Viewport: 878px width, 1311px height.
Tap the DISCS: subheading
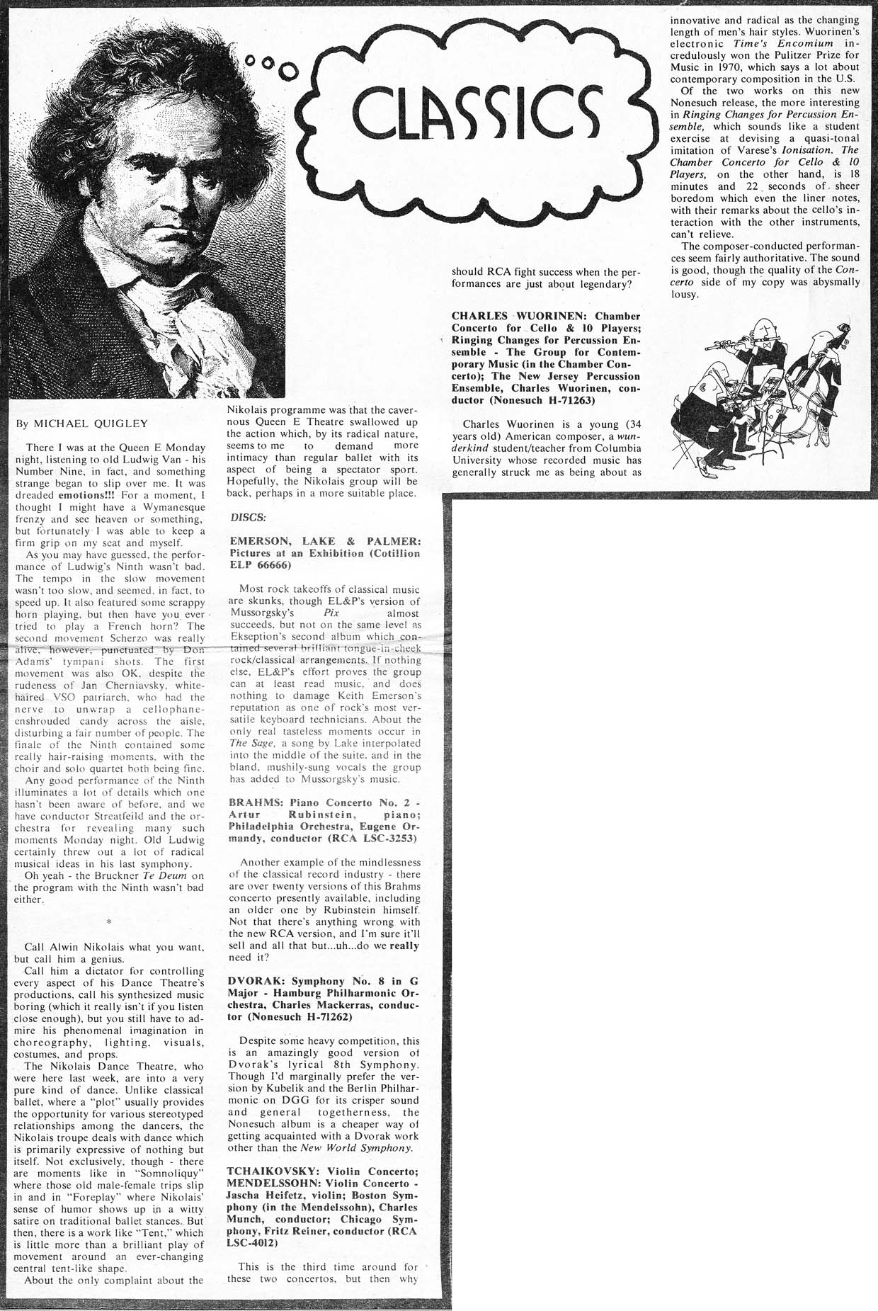(248, 517)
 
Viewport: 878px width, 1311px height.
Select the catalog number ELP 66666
(260, 565)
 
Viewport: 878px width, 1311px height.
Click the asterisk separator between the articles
(109, 922)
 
